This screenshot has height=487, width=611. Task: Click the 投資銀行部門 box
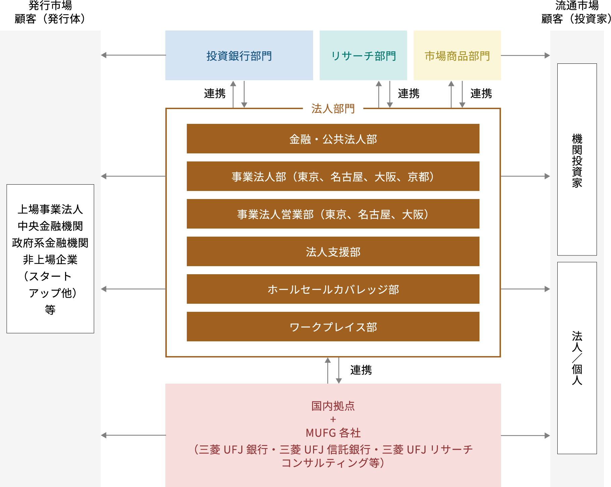pyautogui.click(x=239, y=56)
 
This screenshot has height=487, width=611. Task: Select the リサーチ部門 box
pyautogui.click(x=363, y=56)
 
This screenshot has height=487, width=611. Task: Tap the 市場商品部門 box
pyautogui.click(x=457, y=56)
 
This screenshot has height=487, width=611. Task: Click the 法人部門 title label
pyautogui.click(x=333, y=108)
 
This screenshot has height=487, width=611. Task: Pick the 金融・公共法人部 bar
pyautogui.click(x=333, y=139)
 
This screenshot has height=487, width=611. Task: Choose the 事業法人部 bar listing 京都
pyautogui.click(x=333, y=177)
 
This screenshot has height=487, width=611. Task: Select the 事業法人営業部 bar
pyautogui.click(x=333, y=214)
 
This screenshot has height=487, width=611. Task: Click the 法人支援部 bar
pyautogui.click(x=333, y=252)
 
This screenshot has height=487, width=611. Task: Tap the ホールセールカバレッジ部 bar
pyautogui.click(x=333, y=289)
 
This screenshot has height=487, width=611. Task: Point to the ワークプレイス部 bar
pyautogui.click(x=333, y=327)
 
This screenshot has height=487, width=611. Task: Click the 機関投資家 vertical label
pyautogui.click(x=577, y=160)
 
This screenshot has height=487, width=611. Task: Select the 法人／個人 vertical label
pyautogui.click(x=577, y=358)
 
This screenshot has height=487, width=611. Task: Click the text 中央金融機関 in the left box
pyautogui.click(x=50, y=226)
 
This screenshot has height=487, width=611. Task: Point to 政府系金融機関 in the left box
pyautogui.click(x=50, y=243)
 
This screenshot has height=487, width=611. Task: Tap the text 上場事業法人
pyautogui.click(x=50, y=209)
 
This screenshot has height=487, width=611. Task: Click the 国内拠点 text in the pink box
pyautogui.click(x=333, y=406)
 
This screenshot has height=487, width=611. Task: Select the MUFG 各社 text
pyautogui.click(x=333, y=433)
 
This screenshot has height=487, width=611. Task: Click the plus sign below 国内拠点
pyautogui.click(x=333, y=420)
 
